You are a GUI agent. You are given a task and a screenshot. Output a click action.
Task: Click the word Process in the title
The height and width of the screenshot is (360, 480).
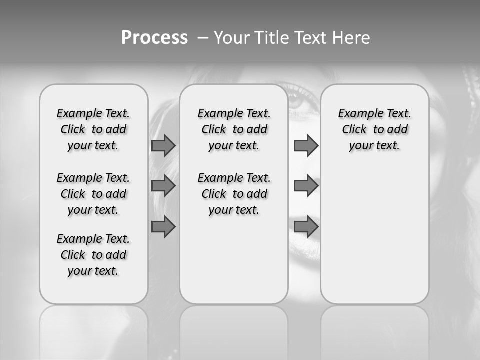click(154, 38)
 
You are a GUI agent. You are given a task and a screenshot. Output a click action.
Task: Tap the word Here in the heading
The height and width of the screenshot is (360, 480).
click(351, 38)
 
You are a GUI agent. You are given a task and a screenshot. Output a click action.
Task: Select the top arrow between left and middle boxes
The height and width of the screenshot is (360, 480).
click(163, 145)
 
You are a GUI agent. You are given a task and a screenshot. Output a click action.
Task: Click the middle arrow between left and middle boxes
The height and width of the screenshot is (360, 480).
click(163, 186)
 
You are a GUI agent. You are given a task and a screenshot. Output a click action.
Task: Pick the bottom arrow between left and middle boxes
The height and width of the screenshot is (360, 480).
click(163, 227)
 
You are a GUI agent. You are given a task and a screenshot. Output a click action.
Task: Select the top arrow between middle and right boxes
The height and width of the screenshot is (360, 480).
click(306, 145)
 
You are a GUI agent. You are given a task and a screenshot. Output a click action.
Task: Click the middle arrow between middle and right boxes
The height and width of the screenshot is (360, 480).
click(306, 186)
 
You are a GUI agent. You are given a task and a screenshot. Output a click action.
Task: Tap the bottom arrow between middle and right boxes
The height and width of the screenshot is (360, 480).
click(306, 227)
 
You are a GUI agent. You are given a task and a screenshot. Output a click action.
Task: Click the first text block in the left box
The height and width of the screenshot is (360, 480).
click(93, 129)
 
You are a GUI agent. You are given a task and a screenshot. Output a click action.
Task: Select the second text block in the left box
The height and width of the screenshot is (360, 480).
click(93, 194)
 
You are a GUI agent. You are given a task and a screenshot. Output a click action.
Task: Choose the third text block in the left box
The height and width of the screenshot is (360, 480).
click(93, 255)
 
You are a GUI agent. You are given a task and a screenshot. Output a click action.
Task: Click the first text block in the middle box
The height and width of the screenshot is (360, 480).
click(234, 129)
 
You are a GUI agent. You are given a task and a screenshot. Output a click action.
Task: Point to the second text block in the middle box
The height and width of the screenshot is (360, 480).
click(234, 194)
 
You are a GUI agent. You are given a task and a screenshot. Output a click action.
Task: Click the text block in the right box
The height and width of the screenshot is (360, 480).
click(374, 129)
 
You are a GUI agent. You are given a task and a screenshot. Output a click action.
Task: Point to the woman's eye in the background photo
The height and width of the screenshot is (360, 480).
click(299, 98)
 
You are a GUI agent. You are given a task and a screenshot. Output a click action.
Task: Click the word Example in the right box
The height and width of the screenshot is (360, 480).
click(357, 113)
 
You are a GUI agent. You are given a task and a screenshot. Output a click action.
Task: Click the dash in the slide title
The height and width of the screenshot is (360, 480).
click(203, 38)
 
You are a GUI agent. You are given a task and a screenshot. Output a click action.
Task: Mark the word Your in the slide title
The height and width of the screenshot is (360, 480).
click(231, 38)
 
